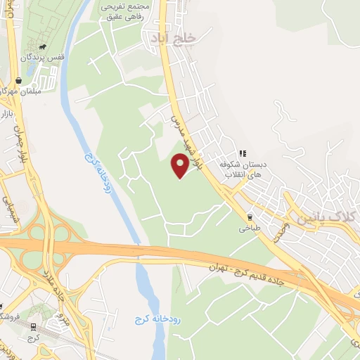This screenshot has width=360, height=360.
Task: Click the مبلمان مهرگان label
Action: (18, 91)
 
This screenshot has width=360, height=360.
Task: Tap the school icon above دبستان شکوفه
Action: (243, 153)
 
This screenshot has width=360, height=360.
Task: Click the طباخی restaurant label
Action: (250, 229)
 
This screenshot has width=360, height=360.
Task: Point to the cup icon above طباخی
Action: (250, 217)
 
